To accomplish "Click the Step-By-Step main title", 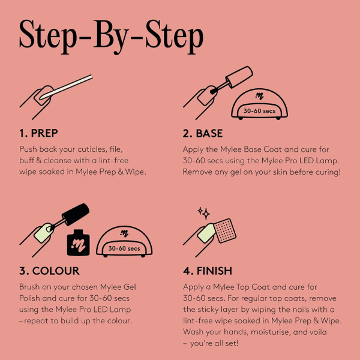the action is pos(112,37).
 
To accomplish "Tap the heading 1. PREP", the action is pos(38,133).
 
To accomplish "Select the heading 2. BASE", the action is pos(203,133).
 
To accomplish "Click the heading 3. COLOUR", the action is pos(49,271).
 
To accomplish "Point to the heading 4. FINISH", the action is pos(208,271).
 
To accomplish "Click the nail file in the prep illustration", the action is pos(66,87).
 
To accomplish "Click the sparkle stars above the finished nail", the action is pos(204,213).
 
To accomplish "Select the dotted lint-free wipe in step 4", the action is pos(225,230).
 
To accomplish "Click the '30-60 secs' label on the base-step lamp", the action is pos(259,111).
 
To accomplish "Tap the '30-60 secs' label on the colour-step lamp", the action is pos(124,248).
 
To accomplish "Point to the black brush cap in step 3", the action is pos(76,214).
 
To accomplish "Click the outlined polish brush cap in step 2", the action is pos(239,77).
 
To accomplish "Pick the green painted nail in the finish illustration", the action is pos(206,233).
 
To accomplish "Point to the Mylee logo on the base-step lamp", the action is pos(259,96).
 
